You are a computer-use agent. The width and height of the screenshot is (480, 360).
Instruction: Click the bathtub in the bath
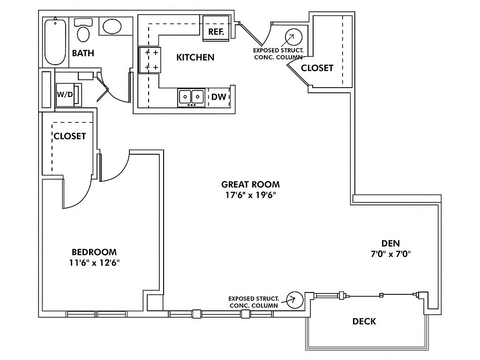(x=55, y=42)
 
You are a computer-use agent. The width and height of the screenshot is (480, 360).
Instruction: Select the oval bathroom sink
(x=112, y=26)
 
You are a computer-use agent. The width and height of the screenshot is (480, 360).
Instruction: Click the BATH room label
(x=83, y=53)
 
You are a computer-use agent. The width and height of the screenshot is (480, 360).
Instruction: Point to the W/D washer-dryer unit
(x=66, y=94)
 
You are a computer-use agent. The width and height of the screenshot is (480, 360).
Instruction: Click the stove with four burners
(x=150, y=60)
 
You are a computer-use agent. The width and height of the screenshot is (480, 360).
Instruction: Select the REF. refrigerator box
(x=216, y=32)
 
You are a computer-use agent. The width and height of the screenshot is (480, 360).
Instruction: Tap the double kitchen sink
(x=191, y=97)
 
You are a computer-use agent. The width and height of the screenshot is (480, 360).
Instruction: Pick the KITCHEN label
(x=195, y=57)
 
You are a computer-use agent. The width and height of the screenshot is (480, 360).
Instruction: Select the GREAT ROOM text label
(x=251, y=184)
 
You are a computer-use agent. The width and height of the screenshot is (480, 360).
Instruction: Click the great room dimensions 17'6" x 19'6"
(x=251, y=195)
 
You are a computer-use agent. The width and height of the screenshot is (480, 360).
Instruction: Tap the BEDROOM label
(x=94, y=252)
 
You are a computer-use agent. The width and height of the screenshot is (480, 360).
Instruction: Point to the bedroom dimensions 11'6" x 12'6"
(x=94, y=262)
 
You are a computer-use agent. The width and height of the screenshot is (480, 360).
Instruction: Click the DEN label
(x=390, y=243)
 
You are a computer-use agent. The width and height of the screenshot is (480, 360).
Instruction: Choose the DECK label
(x=364, y=321)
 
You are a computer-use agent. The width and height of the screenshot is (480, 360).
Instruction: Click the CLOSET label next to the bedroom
(x=70, y=136)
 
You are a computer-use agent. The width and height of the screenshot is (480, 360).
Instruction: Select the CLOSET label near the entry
(x=317, y=67)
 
